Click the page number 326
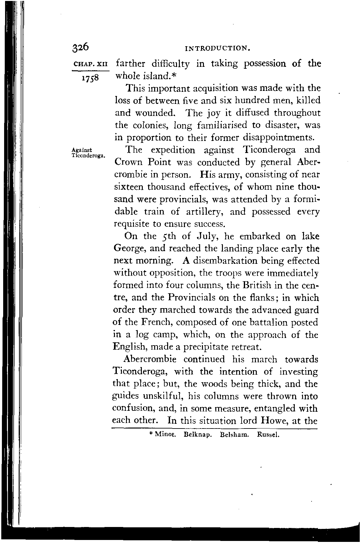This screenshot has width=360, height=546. (81, 47)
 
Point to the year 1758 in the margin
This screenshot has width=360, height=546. (90, 78)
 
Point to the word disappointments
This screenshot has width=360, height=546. (279, 138)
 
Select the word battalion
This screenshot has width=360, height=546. (273, 322)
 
